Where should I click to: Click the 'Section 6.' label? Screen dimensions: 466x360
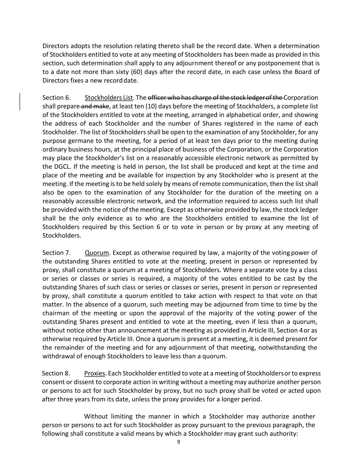(57, 98)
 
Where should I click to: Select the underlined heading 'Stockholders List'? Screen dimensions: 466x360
(109, 98)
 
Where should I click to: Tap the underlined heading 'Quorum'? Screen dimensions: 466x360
(97, 253)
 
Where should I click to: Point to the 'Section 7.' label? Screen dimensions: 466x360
(57, 253)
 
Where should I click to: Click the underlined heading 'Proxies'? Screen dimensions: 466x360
(95, 373)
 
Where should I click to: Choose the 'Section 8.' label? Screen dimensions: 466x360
(56, 373)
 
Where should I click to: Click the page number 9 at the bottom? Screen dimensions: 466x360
(179, 442)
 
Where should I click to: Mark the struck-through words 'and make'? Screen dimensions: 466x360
(95, 106)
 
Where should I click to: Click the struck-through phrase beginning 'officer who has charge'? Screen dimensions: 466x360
(215, 98)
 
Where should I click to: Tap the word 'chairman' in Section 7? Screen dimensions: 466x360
(56, 313)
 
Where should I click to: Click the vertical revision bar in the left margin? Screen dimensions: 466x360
(20, 101)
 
